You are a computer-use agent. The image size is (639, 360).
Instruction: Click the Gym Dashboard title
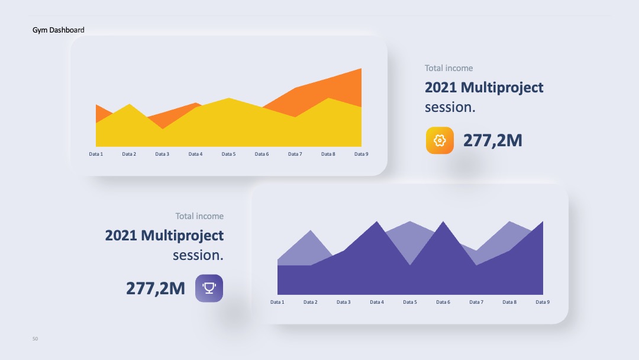(x=58, y=30)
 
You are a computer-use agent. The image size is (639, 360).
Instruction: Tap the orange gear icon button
(x=440, y=140)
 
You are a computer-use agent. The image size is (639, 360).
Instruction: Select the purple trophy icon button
(x=209, y=288)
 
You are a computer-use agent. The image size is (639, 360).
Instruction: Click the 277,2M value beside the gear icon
(x=493, y=140)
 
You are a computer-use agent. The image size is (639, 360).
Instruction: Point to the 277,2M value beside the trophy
(x=155, y=288)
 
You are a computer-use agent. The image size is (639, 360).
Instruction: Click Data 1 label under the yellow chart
(x=96, y=154)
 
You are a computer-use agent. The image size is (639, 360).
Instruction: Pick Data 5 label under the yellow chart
(x=228, y=154)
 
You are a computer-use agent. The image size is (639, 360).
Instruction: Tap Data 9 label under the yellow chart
(x=361, y=154)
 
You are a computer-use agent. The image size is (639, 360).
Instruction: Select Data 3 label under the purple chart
(x=344, y=302)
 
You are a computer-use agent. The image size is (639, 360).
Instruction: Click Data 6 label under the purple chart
(x=443, y=302)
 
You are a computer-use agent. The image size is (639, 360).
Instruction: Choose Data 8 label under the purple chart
(x=509, y=302)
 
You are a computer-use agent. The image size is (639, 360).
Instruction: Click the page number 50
(x=35, y=339)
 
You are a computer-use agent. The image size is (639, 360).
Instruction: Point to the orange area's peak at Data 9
(x=361, y=69)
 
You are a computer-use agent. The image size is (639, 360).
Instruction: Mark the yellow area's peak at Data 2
(x=129, y=104)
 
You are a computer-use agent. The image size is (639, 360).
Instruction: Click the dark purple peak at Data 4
(x=376, y=222)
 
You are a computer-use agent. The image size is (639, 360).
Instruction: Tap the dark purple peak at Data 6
(x=443, y=222)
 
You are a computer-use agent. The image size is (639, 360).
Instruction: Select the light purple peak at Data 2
(x=311, y=231)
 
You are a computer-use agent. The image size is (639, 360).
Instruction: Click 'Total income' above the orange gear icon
(x=448, y=68)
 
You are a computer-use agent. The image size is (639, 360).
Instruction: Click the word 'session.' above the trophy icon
(x=198, y=255)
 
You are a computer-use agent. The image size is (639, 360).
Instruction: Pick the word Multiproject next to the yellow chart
(x=502, y=88)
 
